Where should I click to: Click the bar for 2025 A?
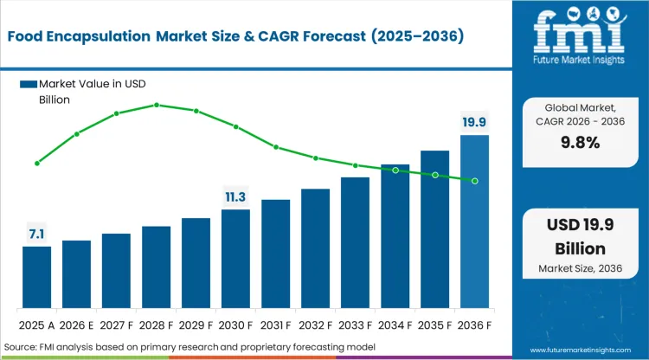click(x=36, y=277)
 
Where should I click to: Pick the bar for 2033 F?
click(x=355, y=242)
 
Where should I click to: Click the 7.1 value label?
click(x=36, y=234)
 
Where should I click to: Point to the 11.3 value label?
click(x=235, y=196)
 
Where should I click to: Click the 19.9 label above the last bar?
click(x=474, y=122)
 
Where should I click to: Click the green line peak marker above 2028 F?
click(x=157, y=105)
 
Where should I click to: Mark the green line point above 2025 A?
click(x=36, y=163)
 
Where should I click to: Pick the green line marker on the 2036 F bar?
click(x=474, y=180)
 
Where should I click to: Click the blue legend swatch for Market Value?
click(x=28, y=84)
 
